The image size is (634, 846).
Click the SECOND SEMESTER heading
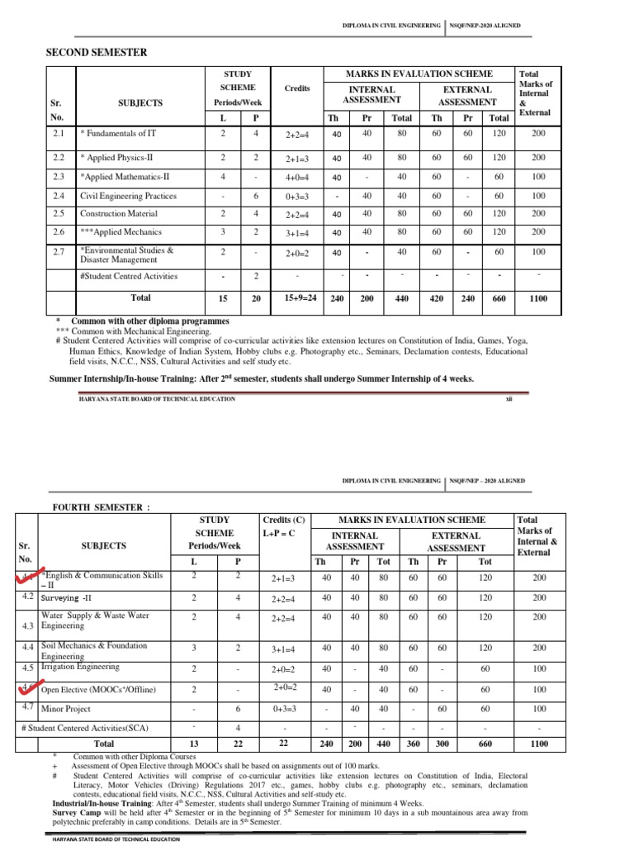tap(96, 53)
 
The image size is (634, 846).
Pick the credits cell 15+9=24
tap(298, 297)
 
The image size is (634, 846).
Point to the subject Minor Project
tap(65, 710)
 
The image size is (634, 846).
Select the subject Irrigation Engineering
tap(80, 666)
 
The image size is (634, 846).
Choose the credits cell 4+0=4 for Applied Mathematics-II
tap(298, 177)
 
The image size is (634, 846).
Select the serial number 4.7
tap(26, 708)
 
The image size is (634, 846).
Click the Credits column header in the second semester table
tap(297, 88)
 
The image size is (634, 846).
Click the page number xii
tap(509, 399)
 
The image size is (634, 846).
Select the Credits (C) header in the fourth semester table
tap(283, 520)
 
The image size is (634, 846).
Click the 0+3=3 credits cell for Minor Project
tap(283, 710)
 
